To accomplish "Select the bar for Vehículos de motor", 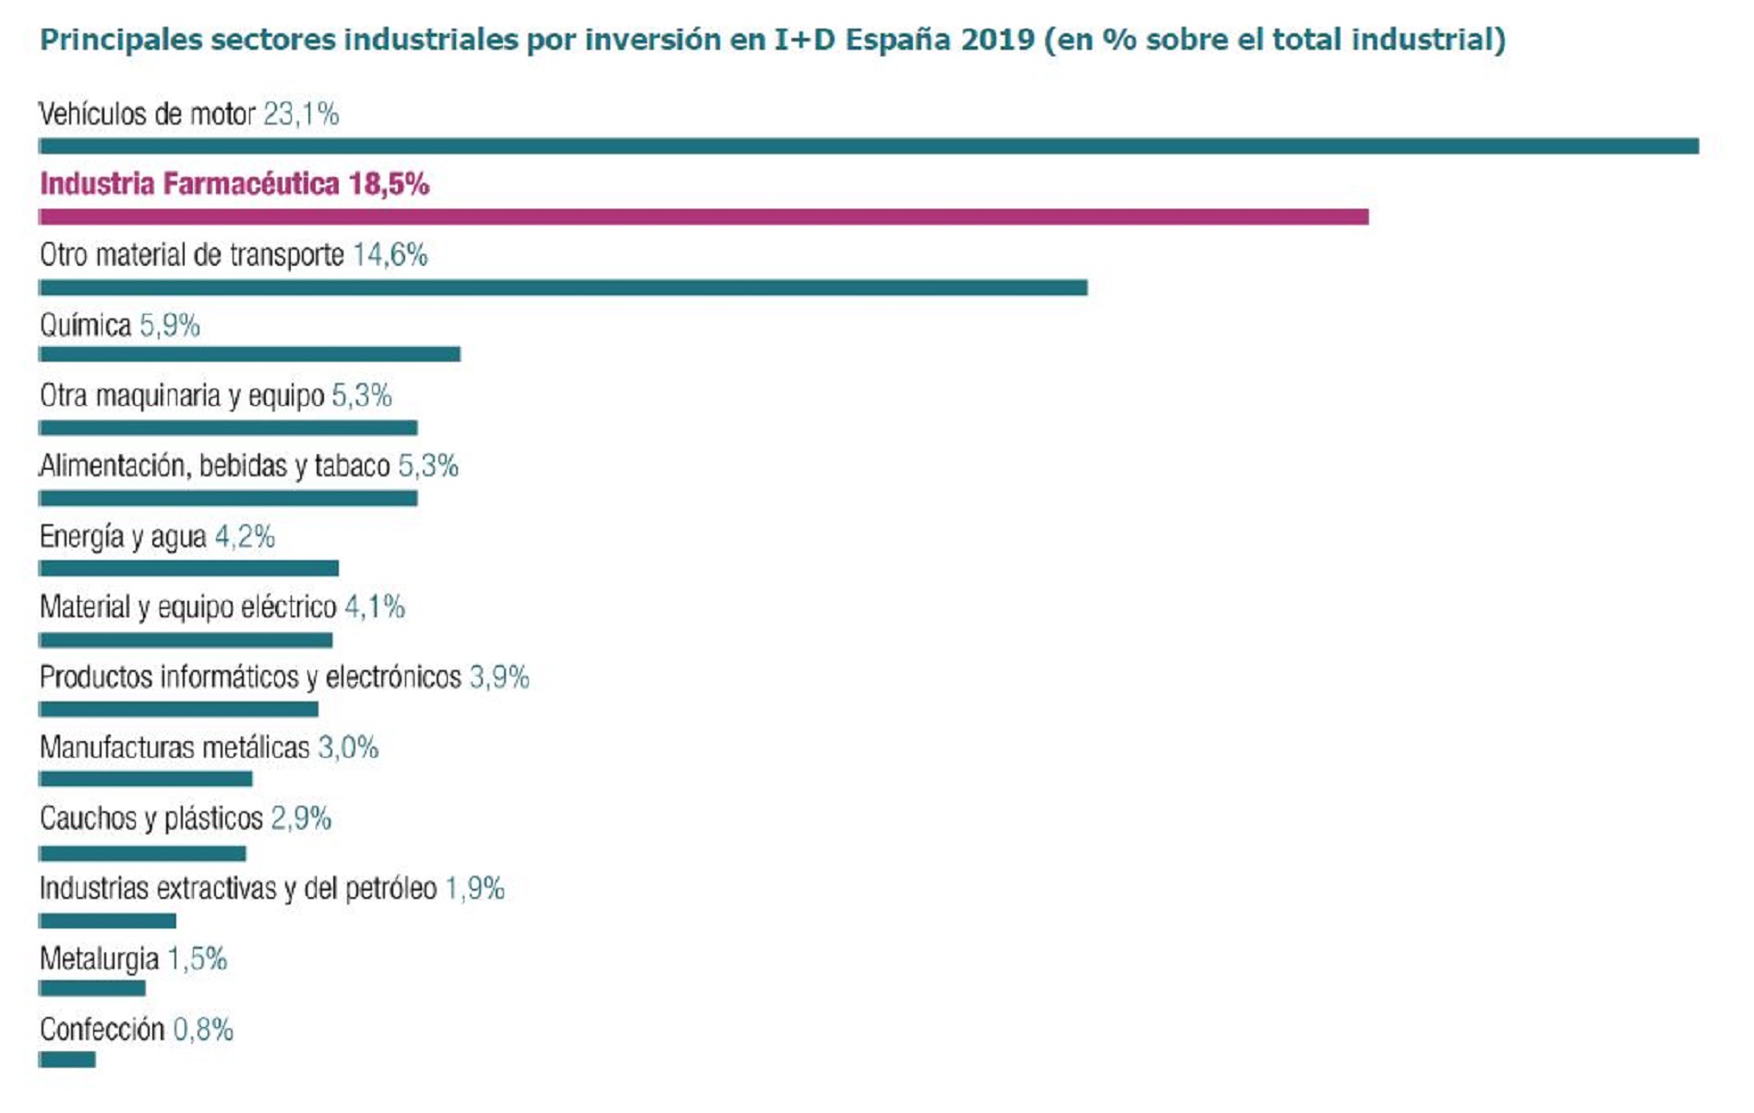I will click(868, 146).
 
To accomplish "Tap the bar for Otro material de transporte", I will click(563, 288).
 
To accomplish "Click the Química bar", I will click(249, 354).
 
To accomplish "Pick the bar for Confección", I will click(67, 1059).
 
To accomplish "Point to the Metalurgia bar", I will click(92, 988).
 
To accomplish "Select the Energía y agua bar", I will click(188, 568).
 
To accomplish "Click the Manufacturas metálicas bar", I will click(146, 780).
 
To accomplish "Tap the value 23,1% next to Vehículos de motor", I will click(301, 114).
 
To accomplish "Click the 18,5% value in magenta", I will click(389, 185).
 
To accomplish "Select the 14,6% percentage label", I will click(390, 255).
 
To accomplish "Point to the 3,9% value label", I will click(499, 677).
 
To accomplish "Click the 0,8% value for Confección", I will click(203, 1029).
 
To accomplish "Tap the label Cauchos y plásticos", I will click(151, 819).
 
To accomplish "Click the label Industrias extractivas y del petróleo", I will click(238, 889).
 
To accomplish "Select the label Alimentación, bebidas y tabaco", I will click(215, 466).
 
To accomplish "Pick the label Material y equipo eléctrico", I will click(188, 607).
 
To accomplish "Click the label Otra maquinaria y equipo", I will click(182, 396).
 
